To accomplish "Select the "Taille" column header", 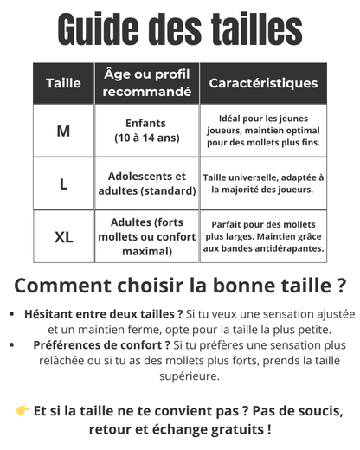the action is (63, 83).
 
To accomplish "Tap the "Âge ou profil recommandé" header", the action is (146, 83).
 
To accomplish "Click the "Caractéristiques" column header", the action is (263, 83).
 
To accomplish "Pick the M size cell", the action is (63, 131).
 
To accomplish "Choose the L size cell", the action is (63, 183).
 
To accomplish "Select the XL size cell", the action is (63, 236).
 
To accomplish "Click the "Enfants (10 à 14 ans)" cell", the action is (146, 131).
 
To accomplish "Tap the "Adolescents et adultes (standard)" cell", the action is (146, 183).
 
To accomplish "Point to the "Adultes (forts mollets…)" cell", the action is (146, 236).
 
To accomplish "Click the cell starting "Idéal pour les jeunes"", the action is (263, 130).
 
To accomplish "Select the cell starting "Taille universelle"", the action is (263, 183).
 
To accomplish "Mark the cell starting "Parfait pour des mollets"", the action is (263, 236).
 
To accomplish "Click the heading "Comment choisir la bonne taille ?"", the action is (180, 285).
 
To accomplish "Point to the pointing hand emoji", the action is (22, 410).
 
